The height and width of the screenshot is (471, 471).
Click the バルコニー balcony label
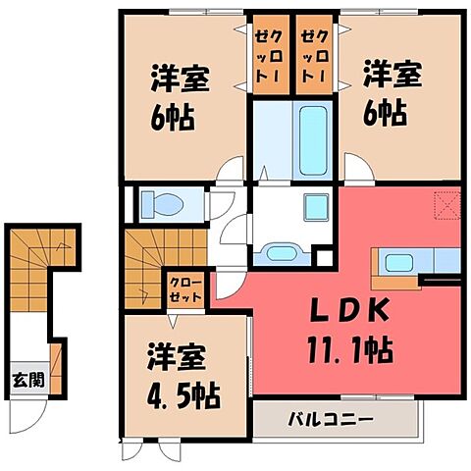330,420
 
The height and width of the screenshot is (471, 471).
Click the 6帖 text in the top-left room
173,118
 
